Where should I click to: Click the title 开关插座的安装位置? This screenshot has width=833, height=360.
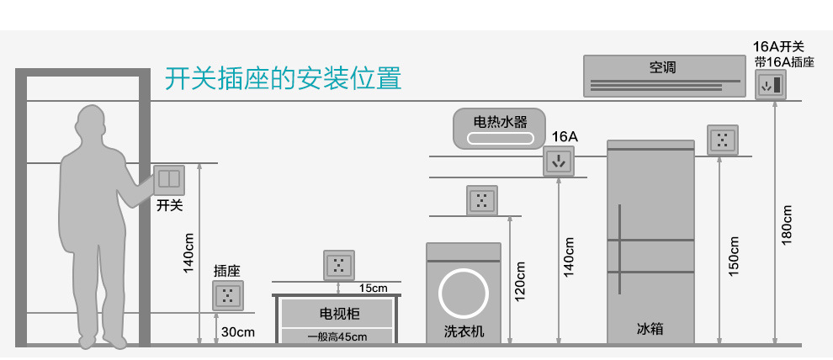point(283,78)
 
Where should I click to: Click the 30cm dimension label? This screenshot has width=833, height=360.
point(237,332)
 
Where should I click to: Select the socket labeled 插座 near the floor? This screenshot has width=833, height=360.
point(227,295)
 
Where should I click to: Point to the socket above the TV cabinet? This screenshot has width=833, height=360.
point(339,265)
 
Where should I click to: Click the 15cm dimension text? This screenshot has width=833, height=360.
point(373,289)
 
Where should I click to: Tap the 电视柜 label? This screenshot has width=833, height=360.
point(337,314)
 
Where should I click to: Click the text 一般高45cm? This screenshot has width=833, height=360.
point(337,336)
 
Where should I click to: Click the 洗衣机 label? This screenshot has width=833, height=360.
point(464,331)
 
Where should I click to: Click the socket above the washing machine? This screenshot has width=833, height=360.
point(482,200)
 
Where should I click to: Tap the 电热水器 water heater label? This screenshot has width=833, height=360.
point(500,123)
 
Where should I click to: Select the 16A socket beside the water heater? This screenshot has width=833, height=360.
point(558,161)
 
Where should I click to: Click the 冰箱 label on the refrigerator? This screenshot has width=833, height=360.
point(650,329)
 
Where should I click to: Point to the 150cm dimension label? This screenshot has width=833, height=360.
point(733,256)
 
